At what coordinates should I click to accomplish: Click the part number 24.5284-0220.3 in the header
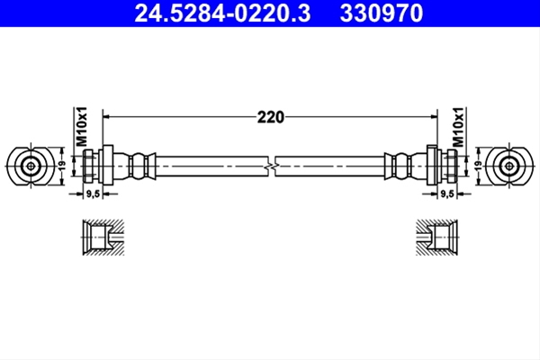(x=222, y=13)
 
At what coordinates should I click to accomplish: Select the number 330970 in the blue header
(x=382, y=13)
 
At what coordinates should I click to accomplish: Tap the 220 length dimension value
(x=271, y=117)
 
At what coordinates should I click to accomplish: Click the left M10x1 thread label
(x=82, y=127)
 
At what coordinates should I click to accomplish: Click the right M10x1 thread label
(x=458, y=127)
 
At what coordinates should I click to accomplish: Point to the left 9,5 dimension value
(x=93, y=194)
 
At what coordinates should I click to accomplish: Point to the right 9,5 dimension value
(x=447, y=194)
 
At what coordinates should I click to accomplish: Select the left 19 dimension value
(x=62, y=166)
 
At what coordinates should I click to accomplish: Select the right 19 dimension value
(x=478, y=166)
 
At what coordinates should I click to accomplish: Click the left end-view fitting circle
(x=31, y=166)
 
